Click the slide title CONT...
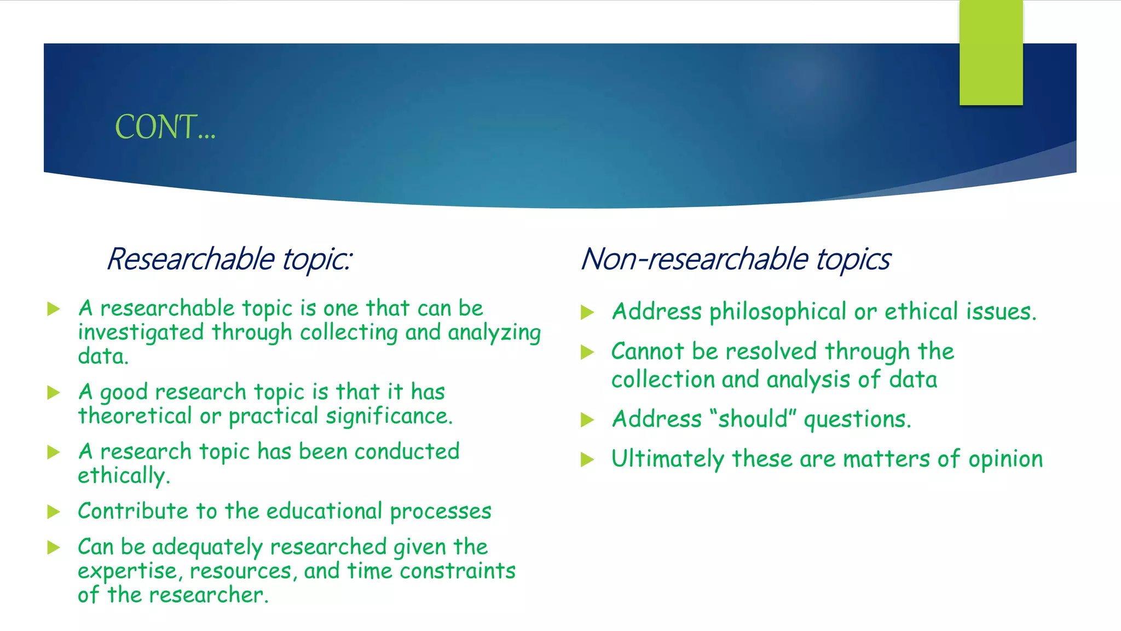tap(165, 127)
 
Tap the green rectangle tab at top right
tap(991, 53)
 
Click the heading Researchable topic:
tap(229, 259)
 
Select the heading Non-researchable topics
tap(735, 259)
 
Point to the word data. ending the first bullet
tap(103, 357)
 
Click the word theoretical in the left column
tap(135, 416)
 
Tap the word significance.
tap(389, 416)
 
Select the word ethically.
tap(124, 475)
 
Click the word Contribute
tap(133, 511)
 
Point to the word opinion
tap(1006, 459)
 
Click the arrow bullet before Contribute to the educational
tap(54, 512)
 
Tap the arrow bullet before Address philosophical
tap(587, 312)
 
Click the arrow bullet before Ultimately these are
tap(587, 459)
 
